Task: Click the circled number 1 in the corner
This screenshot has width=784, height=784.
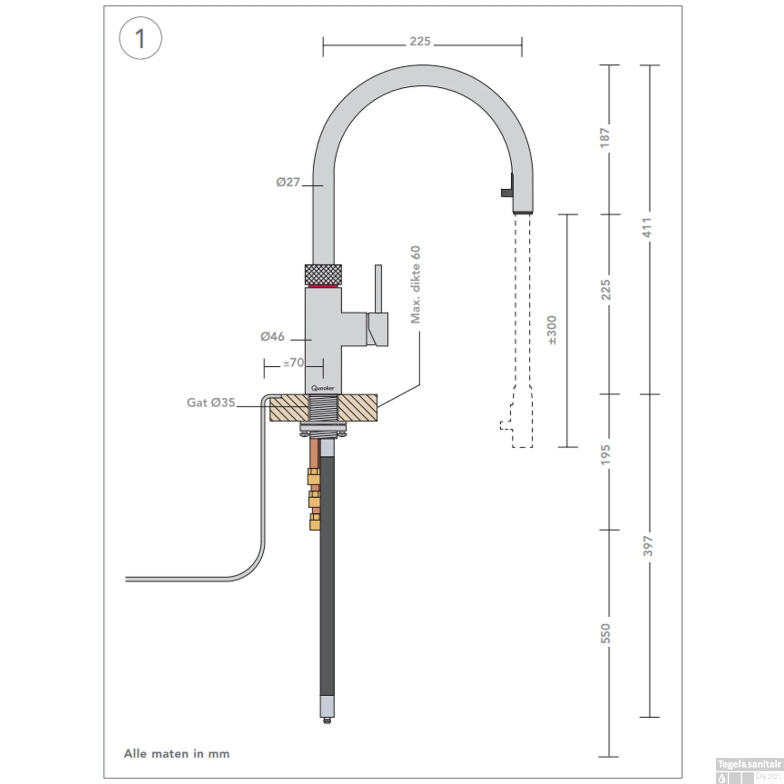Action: pyautogui.click(x=140, y=38)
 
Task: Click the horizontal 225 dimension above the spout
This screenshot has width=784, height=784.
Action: pyautogui.click(x=420, y=41)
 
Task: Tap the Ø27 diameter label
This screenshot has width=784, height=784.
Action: pyautogui.click(x=288, y=182)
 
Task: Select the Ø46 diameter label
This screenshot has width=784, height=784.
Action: pyautogui.click(x=272, y=337)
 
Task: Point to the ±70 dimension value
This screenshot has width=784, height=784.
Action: pyautogui.click(x=293, y=362)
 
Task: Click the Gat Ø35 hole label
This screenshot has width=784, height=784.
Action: pyautogui.click(x=211, y=402)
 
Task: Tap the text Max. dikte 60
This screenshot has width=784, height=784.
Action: pyautogui.click(x=415, y=284)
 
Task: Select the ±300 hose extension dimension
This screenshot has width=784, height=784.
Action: pyautogui.click(x=552, y=330)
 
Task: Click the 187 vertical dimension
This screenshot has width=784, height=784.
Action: pyautogui.click(x=605, y=137)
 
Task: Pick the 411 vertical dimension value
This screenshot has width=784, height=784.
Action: pyautogui.click(x=647, y=228)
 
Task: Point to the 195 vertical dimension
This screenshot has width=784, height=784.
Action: pyautogui.click(x=605, y=455)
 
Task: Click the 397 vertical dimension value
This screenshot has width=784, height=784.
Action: pyautogui.click(x=648, y=546)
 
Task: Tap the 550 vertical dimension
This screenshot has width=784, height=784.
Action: pyautogui.click(x=605, y=633)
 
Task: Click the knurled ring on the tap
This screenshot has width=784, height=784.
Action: pyautogui.click(x=323, y=274)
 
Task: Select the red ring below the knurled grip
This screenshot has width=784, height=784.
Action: pyautogui.click(x=323, y=286)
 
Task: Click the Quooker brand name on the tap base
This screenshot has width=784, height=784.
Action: pyautogui.click(x=322, y=388)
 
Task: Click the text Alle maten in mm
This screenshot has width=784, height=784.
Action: pyautogui.click(x=177, y=754)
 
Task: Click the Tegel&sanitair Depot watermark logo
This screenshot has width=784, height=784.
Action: pyautogui.click(x=749, y=770)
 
